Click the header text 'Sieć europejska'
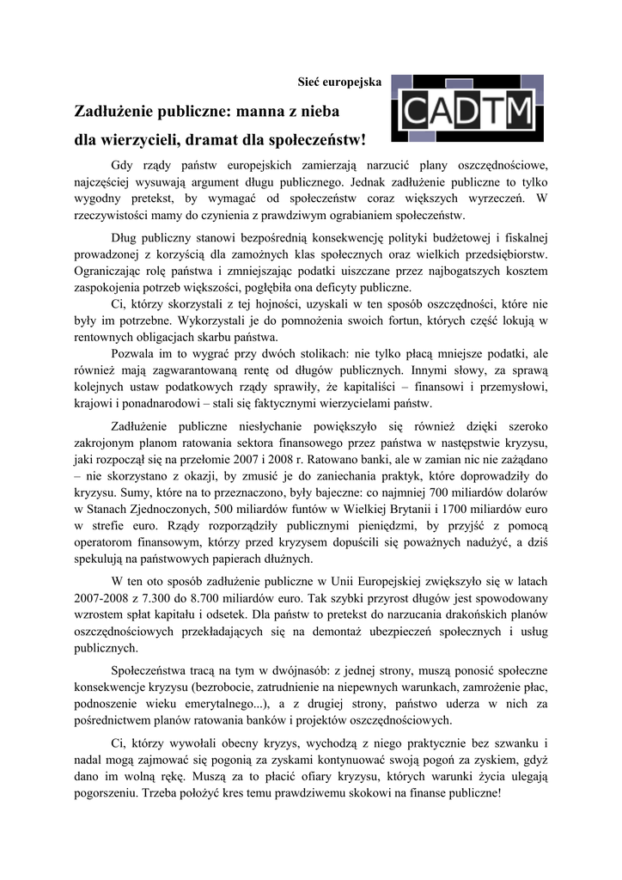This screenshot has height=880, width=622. click(x=339, y=82)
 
